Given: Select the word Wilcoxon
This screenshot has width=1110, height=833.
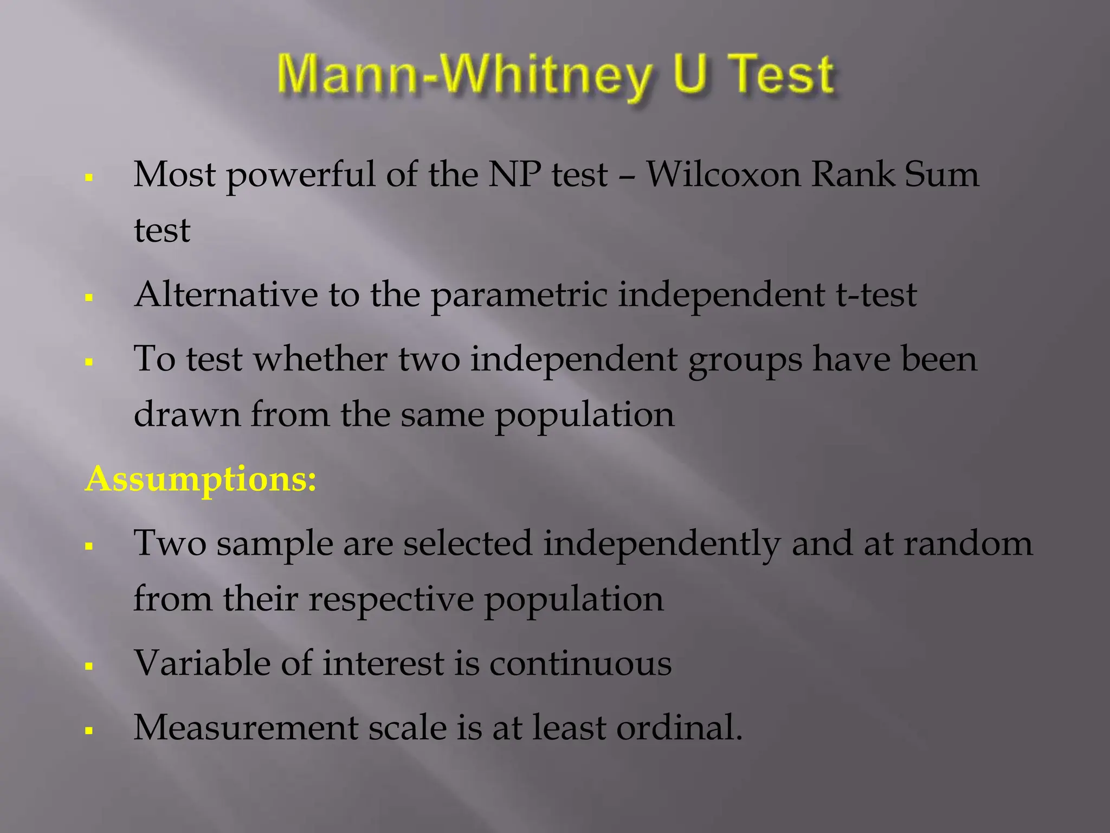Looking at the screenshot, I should click(723, 175).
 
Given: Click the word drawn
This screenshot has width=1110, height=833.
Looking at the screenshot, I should click(187, 414).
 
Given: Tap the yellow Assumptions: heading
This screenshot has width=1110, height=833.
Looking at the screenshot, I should click(201, 479).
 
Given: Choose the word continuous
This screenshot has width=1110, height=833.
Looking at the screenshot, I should click(580, 663).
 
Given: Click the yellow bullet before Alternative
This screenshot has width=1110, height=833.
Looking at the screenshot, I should click(89, 297).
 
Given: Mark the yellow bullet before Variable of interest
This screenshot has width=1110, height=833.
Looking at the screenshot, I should click(89, 666).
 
